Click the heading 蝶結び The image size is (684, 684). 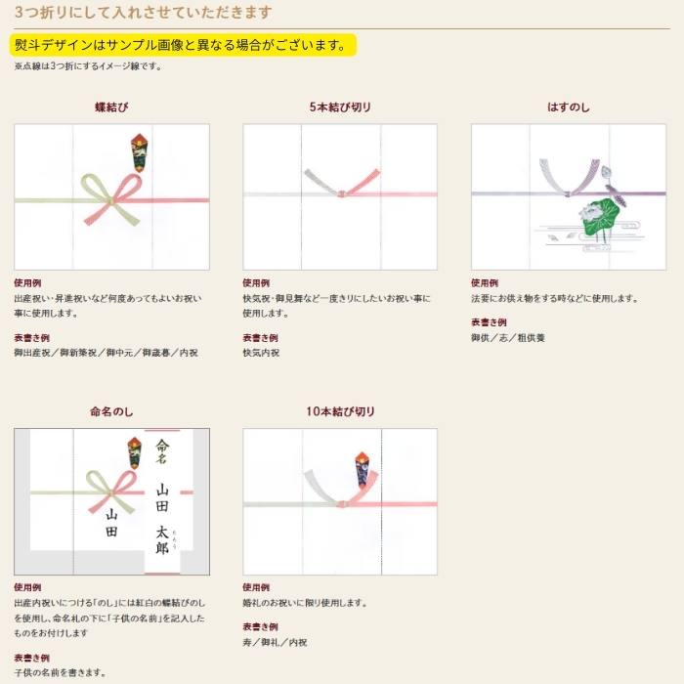tap(111, 107)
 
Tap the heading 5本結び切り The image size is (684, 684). tap(340, 107)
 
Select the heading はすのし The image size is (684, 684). tap(569, 107)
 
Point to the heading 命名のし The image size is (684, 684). tap(111, 411)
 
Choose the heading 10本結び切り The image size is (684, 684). tap(340, 411)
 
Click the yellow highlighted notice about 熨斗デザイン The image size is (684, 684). tap(183, 45)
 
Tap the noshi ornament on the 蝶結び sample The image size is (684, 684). tap(139, 152)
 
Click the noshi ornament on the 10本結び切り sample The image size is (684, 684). tap(363, 470)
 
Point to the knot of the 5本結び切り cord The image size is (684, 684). tap(341, 193)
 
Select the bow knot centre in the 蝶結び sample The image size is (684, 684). tap(110, 200)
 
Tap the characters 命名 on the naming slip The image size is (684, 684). tap(162, 451)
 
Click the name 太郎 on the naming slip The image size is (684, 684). tap(162, 540)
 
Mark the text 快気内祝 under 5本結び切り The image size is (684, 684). tap(261, 353)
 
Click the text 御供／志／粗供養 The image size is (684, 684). tap(508, 338)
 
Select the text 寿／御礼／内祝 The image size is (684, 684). tap(275, 642)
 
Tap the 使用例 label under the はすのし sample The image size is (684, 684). tap(485, 282)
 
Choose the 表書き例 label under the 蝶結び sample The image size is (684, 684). tap(31, 338)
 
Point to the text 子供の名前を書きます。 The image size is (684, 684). tap(61, 672)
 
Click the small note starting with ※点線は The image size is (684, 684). tap(89, 66)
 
